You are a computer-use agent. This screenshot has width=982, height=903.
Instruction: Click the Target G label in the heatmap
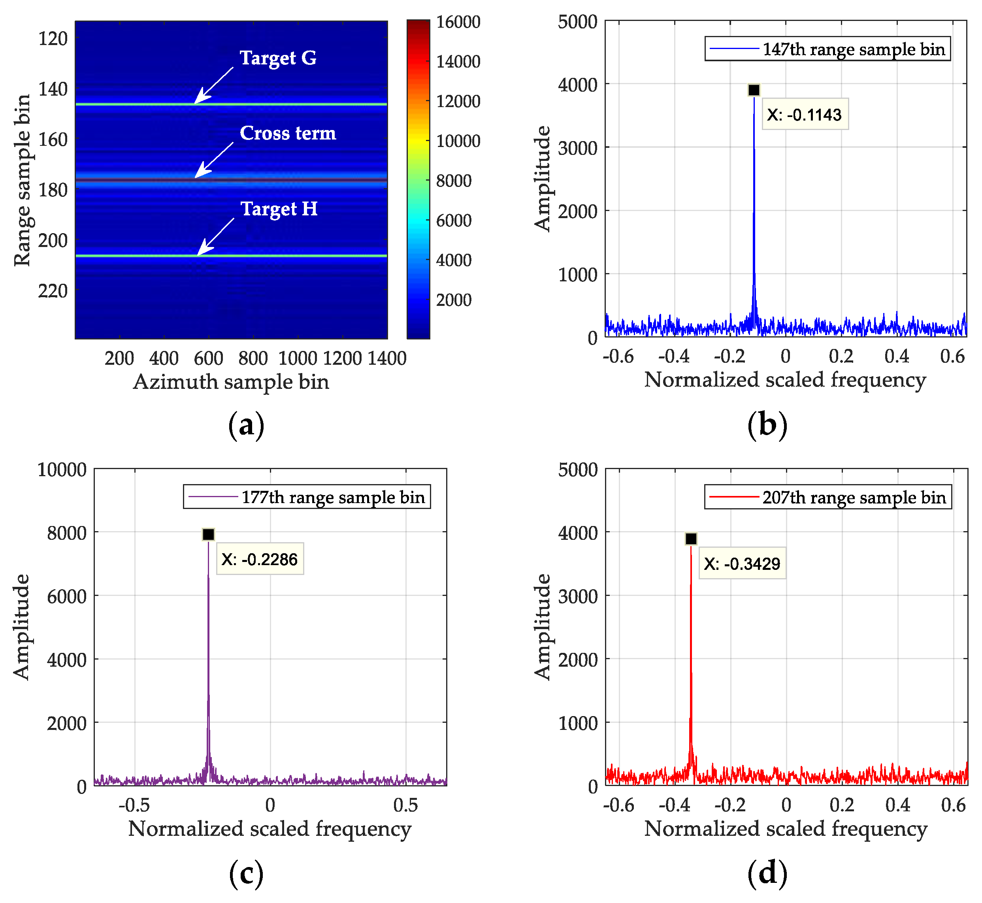[x=277, y=58]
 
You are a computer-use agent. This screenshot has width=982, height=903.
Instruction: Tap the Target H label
[x=279, y=209]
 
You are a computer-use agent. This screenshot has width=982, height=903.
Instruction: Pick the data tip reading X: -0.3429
[x=742, y=564]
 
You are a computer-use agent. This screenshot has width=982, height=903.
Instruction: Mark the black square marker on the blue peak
[x=754, y=90]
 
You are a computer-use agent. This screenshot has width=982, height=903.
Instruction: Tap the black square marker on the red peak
[x=691, y=539]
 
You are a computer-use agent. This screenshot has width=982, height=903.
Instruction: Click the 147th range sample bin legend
[x=827, y=49]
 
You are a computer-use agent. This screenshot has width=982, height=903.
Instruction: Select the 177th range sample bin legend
[x=307, y=497]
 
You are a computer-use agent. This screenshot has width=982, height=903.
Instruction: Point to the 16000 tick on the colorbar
[x=458, y=22]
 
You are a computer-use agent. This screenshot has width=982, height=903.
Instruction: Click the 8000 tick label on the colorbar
[x=453, y=181]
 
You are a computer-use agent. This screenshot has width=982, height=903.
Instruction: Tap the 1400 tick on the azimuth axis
[x=387, y=358]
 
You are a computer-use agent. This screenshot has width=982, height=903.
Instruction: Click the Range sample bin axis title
[x=22, y=180]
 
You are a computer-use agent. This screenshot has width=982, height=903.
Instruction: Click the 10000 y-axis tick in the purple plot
[x=62, y=469]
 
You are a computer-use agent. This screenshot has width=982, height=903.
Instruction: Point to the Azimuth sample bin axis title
[x=231, y=382]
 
